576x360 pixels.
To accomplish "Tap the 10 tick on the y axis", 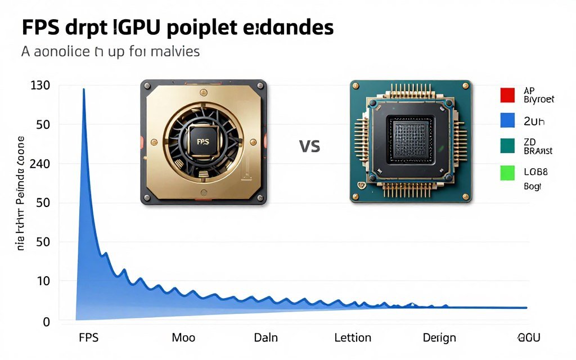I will pyautogui.click(x=43, y=281).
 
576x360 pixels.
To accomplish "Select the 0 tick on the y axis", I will pyautogui.click(x=47, y=322).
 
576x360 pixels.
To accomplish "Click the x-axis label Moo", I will pyautogui.click(x=183, y=337).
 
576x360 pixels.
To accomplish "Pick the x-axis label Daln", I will pyautogui.click(x=266, y=337).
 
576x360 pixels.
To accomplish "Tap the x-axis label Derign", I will pyautogui.click(x=439, y=337).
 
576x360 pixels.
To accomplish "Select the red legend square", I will pyautogui.click(x=507, y=94).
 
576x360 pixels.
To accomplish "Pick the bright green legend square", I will pyautogui.click(x=507, y=173).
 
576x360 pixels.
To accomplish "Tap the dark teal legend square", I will pyautogui.click(x=507, y=146).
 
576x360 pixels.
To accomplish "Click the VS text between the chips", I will pyautogui.click(x=309, y=147).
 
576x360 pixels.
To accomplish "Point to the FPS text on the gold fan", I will pyautogui.click(x=200, y=142).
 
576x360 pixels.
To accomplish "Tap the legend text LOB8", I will pyautogui.click(x=536, y=172).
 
